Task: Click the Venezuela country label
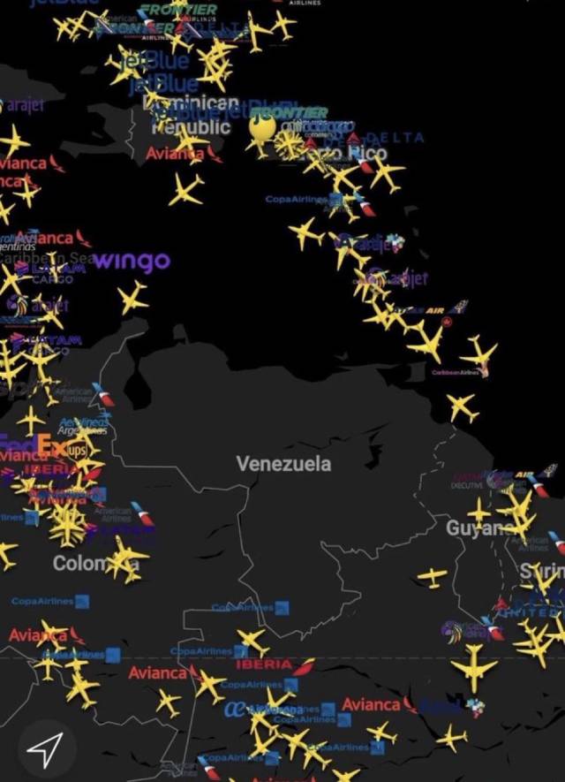(283, 464)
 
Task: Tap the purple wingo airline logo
(132, 262)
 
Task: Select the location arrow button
(42, 750)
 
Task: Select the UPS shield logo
(78, 450)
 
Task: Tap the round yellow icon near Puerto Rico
(261, 129)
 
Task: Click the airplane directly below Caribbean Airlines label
(461, 406)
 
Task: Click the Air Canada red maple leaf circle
(448, 323)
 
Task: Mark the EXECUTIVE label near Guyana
(466, 485)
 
